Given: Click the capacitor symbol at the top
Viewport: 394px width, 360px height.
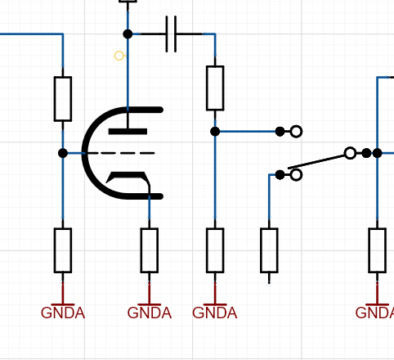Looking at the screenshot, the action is [x=171, y=34].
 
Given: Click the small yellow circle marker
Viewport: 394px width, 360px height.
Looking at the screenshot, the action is [x=119, y=56].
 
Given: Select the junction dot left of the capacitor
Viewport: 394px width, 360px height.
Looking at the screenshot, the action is [x=128, y=34].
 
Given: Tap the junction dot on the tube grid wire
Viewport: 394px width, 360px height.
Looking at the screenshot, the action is [x=63, y=153].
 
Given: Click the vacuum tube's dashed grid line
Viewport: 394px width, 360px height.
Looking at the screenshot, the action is [x=121, y=153].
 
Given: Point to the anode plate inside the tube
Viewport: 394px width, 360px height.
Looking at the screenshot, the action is [x=128, y=132].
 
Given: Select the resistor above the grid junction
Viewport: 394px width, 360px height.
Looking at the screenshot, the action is [x=63, y=99].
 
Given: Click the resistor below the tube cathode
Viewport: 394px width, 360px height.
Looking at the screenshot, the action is [x=150, y=250].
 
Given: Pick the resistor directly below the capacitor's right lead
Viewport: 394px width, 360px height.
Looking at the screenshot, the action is [x=215, y=88].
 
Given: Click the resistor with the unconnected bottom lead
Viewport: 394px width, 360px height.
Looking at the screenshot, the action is [x=269, y=250].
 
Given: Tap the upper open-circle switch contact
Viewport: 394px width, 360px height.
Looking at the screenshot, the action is [x=296, y=132].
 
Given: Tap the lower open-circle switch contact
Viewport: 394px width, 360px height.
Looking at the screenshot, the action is [x=296, y=175].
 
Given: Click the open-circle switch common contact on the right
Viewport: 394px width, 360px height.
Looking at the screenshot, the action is [x=350, y=153].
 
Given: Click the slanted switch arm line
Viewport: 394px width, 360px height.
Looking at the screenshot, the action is [x=316, y=162].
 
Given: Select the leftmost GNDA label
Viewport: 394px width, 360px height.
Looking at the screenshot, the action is [x=63, y=313].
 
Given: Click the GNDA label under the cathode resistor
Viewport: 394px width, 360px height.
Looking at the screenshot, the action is [x=150, y=313].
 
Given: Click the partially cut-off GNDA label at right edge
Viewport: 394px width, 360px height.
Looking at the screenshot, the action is [x=374, y=313].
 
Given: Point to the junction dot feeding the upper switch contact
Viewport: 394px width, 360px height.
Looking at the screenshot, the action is [x=215, y=132].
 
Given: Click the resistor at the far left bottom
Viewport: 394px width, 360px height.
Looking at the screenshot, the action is [x=63, y=250].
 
